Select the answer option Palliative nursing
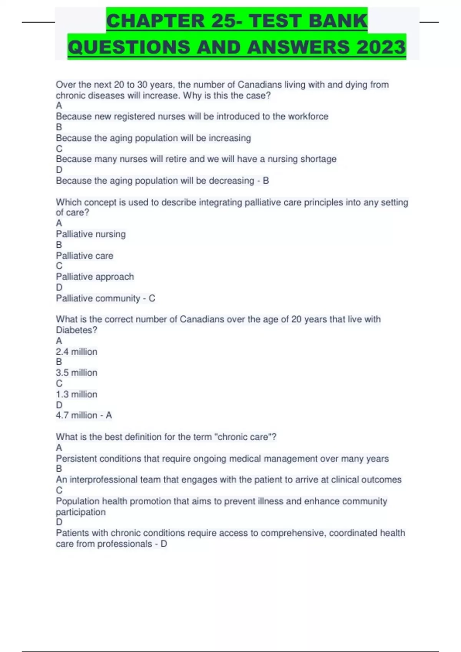click(x=91, y=234)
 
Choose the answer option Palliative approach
click(x=95, y=277)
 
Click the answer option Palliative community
click(x=98, y=298)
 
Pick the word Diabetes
click(x=76, y=330)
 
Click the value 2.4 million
click(x=76, y=352)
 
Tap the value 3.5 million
click(x=76, y=372)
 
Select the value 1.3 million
click(x=76, y=394)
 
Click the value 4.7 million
click(x=76, y=415)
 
